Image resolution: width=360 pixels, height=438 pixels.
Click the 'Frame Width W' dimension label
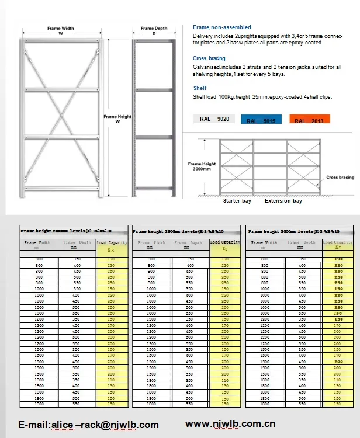click(x=60, y=30)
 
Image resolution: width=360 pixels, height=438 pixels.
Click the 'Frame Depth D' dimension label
click(x=154, y=30)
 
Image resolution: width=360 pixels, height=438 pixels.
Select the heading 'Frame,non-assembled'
click(x=221, y=27)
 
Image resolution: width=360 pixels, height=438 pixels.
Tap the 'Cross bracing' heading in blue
click(x=209, y=58)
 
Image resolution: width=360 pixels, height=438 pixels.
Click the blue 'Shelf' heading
click(x=199, y=88)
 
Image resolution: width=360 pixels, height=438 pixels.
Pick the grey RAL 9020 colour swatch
click(x=214, y=119)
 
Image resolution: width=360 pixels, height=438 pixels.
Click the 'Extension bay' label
click(x=283, y=201)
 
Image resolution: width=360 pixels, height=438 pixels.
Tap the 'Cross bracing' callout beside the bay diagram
click(x=340, y=177)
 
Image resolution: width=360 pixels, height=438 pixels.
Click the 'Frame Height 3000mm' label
click(x=202, y=166)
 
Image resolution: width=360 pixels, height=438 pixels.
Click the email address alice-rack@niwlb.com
click(x=88, y=425)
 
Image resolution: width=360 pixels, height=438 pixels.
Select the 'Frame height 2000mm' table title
click(x=65, y=231)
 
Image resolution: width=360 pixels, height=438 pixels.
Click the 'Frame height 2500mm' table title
click(x=178, y=231)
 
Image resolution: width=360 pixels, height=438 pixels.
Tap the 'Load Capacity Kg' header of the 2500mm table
click(x=225, y=245)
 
